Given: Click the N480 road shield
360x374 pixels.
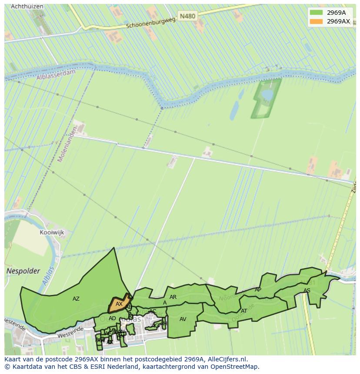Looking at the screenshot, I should pyautogui.click(x=187, y=16).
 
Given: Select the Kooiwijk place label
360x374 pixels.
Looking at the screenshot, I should pyautogui.click(x=52, y=232).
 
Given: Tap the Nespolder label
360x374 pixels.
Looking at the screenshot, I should pyautogui.click(x=23, y=271).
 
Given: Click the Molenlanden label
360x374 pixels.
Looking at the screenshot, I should pyautogui.click(x=67, y=145).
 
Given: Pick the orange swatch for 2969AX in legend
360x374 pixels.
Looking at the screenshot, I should pyautogui.click(x=316, y=21).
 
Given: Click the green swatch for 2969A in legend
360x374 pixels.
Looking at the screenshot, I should pyautogui.click(x=316, y=13).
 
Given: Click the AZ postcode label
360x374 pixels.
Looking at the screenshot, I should pyautogui.click(x=76, y=299).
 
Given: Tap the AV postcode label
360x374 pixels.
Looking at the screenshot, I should pyautogui.click(x=183, y=319).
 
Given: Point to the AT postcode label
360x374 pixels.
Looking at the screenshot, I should pyautogui.click(x=244, y=311).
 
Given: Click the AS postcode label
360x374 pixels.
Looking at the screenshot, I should pyautogui.click(x=307, y=291).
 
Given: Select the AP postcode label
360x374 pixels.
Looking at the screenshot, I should pyautogui.click(x=258, y=290).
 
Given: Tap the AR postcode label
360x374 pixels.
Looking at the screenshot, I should pyautogui.click(x=173, y=297).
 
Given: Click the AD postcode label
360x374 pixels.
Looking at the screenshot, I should pyautogui.click(x=112, y=318).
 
